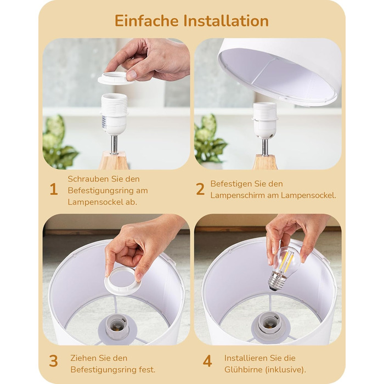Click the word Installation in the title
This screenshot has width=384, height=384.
(x=226, y=21)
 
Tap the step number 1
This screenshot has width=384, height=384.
(x=54, y=189)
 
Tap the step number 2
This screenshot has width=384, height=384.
(x=200, y=189)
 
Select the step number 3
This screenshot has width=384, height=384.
(x=53, y=361)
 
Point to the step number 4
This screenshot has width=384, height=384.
(x=207, y=361)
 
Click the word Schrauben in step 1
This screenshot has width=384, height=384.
(x=88, y=179)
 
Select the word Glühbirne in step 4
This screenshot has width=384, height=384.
(x=244, y=370)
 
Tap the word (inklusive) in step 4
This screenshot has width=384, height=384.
(x=286, y=370)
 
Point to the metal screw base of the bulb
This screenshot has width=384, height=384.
(x=276, y=281)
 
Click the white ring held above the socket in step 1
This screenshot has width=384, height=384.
(x=115, y=79)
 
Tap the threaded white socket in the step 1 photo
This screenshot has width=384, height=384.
(x=114, y=114)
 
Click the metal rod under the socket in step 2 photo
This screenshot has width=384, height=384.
(x=264, y=147)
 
